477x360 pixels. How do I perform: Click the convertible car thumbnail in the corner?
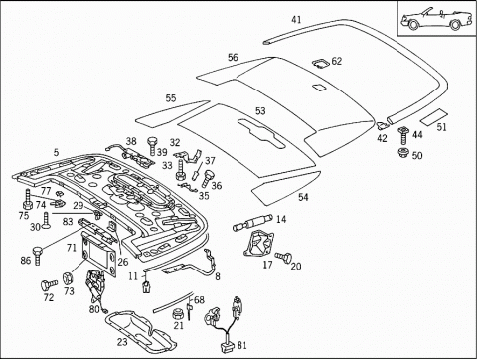point(436,19)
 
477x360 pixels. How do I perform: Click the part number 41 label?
point(296,20)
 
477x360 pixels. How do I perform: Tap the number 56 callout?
point(233,57)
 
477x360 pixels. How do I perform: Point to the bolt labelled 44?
point(403,135)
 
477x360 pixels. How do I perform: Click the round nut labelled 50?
point(403,153)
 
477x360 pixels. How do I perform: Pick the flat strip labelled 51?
point(434,116)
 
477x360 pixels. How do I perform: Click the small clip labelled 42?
point(382,125)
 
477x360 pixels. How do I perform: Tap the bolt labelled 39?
point(152,146)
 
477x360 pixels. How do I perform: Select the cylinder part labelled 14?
point(253,222)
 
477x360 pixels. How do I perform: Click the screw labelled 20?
point(284,256)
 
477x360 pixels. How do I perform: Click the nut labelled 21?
point(178,313)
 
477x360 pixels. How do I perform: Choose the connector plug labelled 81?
point(228,346)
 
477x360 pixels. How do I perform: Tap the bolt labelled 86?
point(37,255)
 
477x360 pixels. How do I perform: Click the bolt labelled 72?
point(49,284)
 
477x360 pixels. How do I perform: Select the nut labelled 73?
point(68,278)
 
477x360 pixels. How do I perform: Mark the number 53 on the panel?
point(260,111)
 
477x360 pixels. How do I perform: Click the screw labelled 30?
point(46,221)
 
